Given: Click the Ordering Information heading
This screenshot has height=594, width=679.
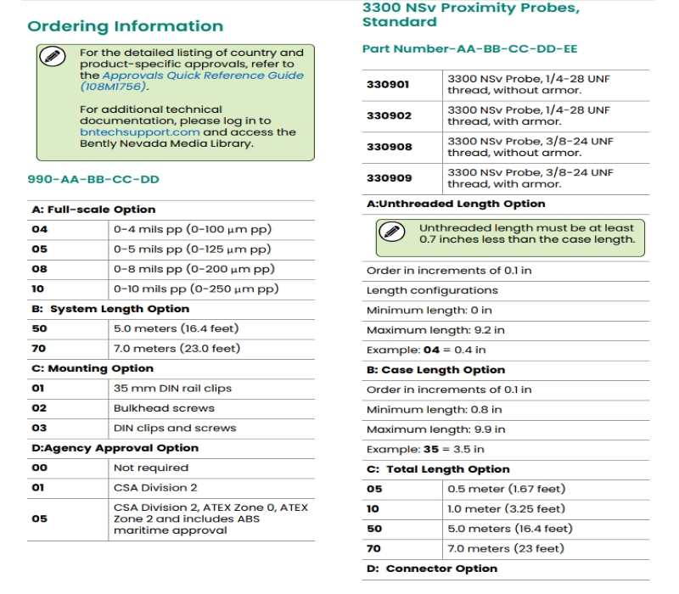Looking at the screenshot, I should (126, 26).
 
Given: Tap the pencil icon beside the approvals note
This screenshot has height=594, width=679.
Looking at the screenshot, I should (52, 57).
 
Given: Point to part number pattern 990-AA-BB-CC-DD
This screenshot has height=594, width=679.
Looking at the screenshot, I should (93, 179).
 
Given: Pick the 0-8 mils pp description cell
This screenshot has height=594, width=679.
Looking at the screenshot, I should (194, 269).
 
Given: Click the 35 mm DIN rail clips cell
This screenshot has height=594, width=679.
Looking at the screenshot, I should (172, 389).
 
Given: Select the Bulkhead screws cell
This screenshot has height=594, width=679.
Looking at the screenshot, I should (152, 408).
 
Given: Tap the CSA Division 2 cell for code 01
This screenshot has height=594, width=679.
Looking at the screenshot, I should (155, 488).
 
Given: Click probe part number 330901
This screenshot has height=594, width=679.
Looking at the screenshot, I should (388, 85).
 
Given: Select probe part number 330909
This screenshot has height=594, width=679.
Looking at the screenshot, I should (389, 178).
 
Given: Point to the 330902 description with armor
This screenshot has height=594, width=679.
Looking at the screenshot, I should (530, 115).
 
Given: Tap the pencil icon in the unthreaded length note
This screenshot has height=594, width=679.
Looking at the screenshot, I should (391, 232).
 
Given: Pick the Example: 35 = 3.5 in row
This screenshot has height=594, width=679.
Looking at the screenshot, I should (425, 449).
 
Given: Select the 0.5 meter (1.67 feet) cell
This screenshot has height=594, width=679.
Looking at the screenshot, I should (506, 489).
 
